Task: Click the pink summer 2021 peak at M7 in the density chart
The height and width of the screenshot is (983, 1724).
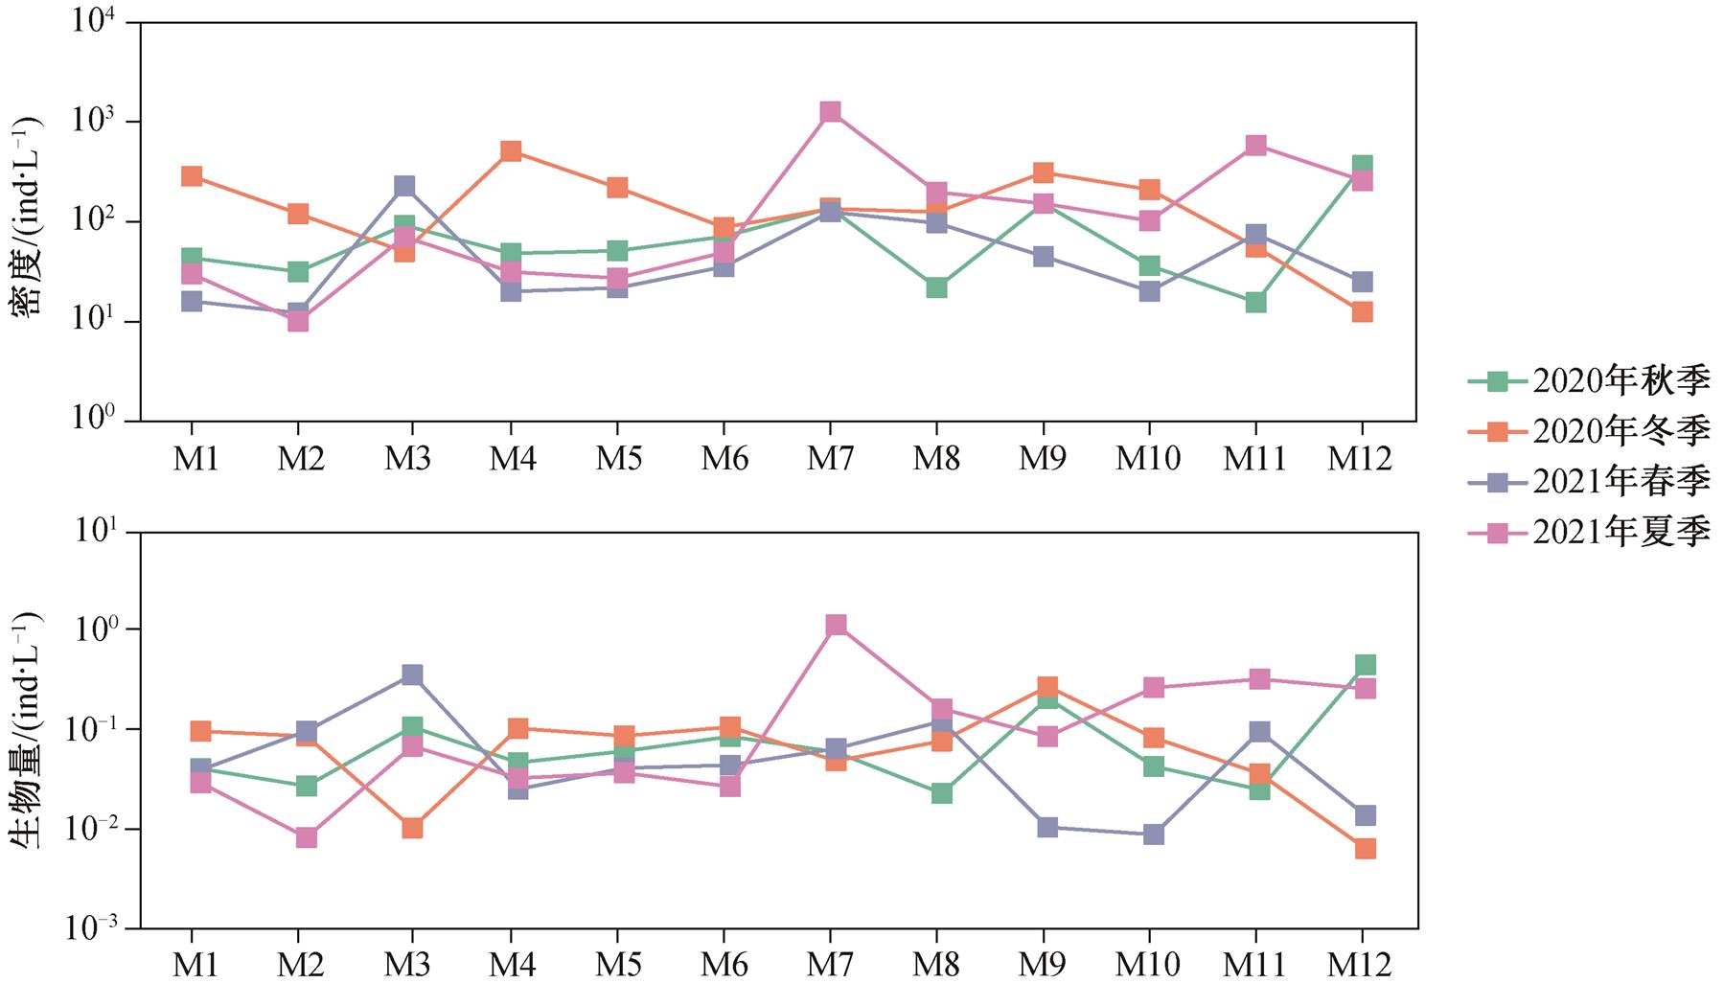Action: [x=830, y=112]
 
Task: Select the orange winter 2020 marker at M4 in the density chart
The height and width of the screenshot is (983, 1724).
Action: [x=511, y=151]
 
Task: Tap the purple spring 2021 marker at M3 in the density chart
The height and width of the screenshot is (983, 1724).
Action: [x=404, y=186]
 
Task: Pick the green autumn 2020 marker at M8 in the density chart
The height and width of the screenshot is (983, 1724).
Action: [x=936, y=287]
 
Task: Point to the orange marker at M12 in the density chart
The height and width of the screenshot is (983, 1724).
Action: [x=1362, y=312]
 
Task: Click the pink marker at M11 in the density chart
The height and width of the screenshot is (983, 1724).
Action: [x=1255, y=146]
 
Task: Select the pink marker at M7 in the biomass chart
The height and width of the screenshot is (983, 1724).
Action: [x=836, y=625]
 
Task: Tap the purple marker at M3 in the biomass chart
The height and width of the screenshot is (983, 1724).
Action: [x=412, y=675]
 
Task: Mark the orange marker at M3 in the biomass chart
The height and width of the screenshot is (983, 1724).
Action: [x=412, y=828]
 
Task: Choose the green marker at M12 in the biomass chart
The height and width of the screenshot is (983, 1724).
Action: [x=1366, y=665]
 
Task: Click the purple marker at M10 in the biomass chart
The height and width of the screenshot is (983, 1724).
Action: [x=1154, y=834]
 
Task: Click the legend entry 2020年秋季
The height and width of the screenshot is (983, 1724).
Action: [x=1590, y=381]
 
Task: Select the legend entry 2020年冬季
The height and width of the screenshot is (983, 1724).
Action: [x=1590, y=431]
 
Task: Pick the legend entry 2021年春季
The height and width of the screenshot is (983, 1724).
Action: [x=1590, y=481]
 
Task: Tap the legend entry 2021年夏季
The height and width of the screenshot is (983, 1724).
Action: [x=1590, y=532]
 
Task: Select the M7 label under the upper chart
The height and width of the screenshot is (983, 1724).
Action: [x=830, y=459]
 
